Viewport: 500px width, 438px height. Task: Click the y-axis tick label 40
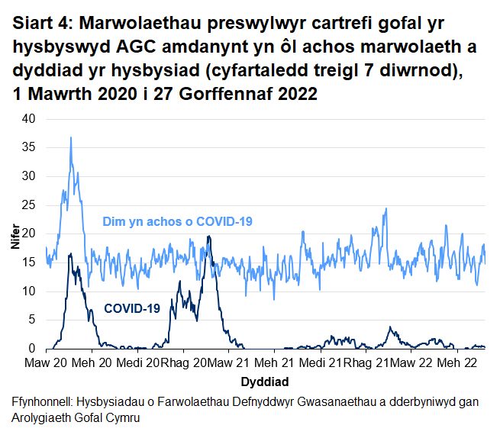pos(28,119)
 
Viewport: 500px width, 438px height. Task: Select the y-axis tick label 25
pos(28,205)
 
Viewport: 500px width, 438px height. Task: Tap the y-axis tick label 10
pos(28,291)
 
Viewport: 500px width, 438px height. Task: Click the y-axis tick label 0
pos(31,349)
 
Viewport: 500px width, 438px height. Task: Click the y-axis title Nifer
pos(15,233)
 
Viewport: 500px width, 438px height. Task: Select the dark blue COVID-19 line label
pos(131,309)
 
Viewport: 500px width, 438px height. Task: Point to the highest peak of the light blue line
pos(71,138)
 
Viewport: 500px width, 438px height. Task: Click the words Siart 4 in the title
pos(42,24)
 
